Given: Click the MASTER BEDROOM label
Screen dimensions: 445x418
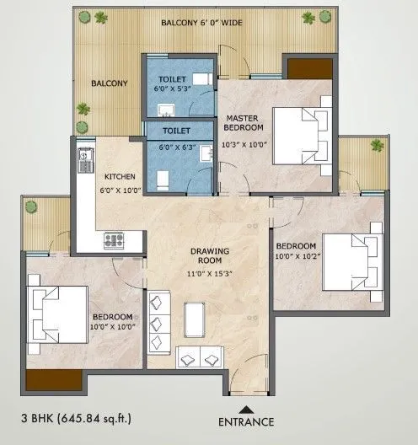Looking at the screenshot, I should [244, 122].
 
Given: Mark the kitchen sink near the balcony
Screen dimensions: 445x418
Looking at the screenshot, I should [85, 156].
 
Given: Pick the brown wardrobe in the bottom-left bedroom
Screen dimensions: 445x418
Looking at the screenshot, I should [53, 379].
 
